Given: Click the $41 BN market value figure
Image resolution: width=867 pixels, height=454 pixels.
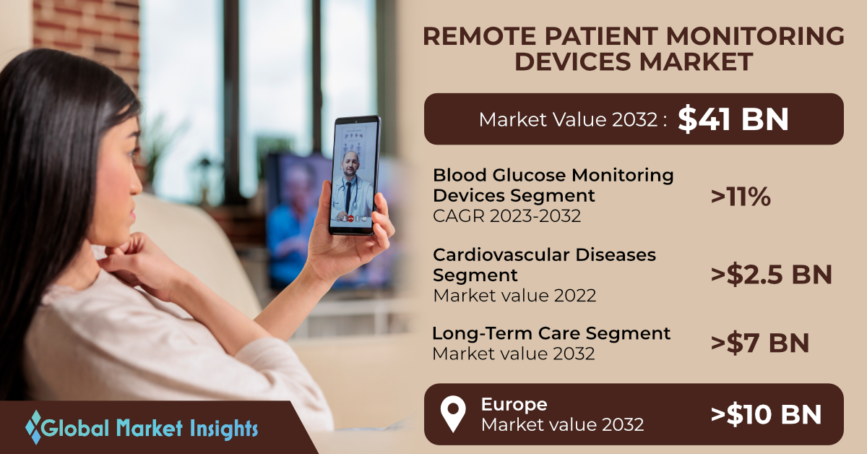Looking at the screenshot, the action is pyautogui.click(x=733, y=119).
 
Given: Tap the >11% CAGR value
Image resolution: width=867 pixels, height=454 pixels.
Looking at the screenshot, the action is pyautogui.click(x=741, y=197).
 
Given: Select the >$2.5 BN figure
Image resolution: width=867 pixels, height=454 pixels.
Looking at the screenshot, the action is pyautogui.click(x=771, y=275).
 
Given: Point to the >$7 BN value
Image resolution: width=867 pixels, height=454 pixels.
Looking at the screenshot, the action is pyautogui.click(x=760, y=343).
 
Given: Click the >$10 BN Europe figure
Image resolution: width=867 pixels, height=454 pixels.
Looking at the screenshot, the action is pyautogui.click(x=766, y=414).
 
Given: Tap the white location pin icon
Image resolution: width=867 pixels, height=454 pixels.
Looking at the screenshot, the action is pyautogui.click(x=453, y=414).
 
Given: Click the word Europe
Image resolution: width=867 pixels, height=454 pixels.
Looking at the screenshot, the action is pyautogui.click(x=514, y=405).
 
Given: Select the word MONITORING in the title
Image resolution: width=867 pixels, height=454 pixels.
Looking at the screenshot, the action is pyautogui.click(x=755, y=36).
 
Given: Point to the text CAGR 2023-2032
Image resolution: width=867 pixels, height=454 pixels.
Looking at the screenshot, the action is pyautogui.click(x=506, y=216).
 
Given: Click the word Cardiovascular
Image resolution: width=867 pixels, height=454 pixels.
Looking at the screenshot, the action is pyautogui.click(x=501, y=255).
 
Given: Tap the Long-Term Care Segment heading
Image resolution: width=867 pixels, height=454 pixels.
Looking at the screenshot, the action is pyautogui.click(x=551, y=333).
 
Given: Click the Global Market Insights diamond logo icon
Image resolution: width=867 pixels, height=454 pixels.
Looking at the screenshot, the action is pyautogui.click(x=35, y=427).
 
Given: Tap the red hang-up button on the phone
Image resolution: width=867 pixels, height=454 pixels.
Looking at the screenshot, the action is pyautogui.click(x=350, y=218).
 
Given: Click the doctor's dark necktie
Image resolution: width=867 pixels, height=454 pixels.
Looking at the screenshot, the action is pyautogui.click(x=348, y=197).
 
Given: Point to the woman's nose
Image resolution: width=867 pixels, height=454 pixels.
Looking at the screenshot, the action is pyautogui.click(x=137, y=182).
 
